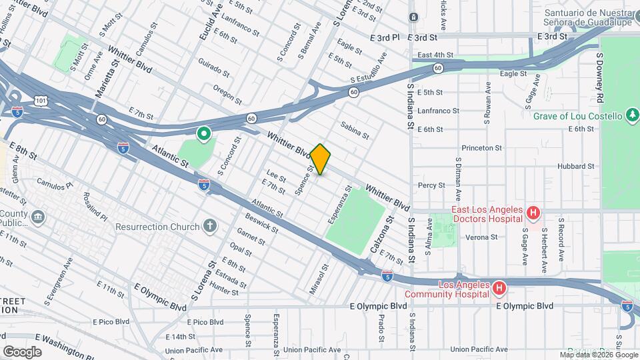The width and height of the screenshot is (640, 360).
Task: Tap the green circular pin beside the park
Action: point(203,135)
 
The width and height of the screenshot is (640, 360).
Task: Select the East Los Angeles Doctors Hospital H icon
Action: point(533,213)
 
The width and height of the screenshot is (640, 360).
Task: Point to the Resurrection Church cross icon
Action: point(210,227)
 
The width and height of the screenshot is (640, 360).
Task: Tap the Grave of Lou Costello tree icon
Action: point(633,116)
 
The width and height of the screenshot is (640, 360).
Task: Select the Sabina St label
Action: point(354,130)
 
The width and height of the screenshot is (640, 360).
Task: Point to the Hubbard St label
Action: point(577,166)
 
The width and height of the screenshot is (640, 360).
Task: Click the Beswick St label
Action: point(261,223)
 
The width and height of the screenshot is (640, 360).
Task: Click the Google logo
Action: point(22,351)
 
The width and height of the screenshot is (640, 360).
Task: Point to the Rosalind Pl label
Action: point(95,207)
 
